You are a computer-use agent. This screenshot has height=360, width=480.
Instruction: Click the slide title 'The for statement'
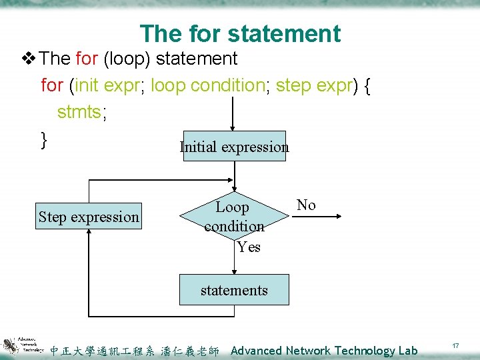[x=240, y=33]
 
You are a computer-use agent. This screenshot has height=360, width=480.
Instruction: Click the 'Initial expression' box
[x=234, y=147]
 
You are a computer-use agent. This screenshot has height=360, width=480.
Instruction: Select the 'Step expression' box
[x=89, y=217]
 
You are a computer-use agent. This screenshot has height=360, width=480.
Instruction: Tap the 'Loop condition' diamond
[x=233, y=217]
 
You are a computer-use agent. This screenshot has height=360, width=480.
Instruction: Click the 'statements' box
[x=234, y=290]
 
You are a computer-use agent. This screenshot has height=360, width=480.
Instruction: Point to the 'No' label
[x=306, y=205]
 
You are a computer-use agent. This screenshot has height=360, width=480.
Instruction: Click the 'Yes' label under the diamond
[x=249, y=247]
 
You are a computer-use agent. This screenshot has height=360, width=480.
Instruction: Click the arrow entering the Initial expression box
[x=232, y=117]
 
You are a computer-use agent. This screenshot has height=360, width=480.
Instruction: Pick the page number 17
[x=455, y=346]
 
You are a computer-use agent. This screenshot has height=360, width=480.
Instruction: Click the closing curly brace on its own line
[x=44, y=139]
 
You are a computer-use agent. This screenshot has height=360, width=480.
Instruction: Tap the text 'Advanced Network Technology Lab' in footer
[x=323, y=351]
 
